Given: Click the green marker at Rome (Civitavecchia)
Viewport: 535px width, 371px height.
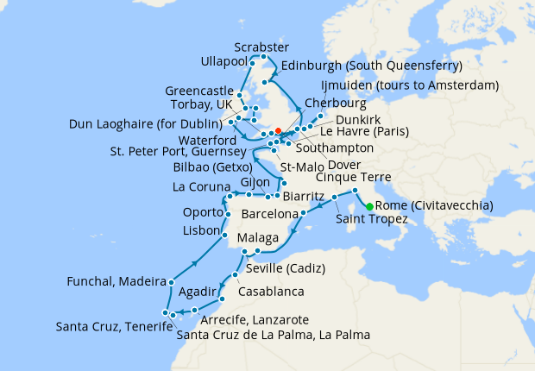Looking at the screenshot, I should pos(369,206).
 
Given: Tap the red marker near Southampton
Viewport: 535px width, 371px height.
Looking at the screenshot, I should pos(278,132).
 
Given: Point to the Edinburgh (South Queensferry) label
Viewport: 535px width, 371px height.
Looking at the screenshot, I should pos(370,66).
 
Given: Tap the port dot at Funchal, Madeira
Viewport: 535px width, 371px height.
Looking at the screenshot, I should pos(173,282).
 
